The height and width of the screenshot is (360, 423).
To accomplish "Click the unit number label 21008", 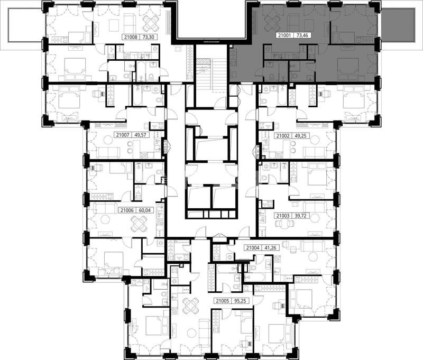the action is [131, 37].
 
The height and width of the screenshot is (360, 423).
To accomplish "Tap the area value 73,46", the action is [302, 35].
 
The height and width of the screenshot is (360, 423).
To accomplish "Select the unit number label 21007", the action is [123, 135].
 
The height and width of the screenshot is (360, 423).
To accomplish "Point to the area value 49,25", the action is [300, 136].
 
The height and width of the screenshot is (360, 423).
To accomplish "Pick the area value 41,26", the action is [271, 247].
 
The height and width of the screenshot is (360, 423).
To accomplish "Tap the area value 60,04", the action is [146, 210].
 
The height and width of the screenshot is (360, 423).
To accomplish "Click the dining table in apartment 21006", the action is [139, 224].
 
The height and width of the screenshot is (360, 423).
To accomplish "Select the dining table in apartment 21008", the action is [151, 23].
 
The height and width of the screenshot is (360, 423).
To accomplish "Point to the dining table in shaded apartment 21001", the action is [272, 23].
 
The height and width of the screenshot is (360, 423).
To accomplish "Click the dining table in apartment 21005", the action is [190, 305].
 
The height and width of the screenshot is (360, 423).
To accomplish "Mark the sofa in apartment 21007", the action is [108, 153].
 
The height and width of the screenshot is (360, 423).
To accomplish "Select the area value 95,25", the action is [241, 301].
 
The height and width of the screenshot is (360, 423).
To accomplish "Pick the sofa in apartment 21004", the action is [312, 246].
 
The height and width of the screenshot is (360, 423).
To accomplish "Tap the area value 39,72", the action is [299, 216].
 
